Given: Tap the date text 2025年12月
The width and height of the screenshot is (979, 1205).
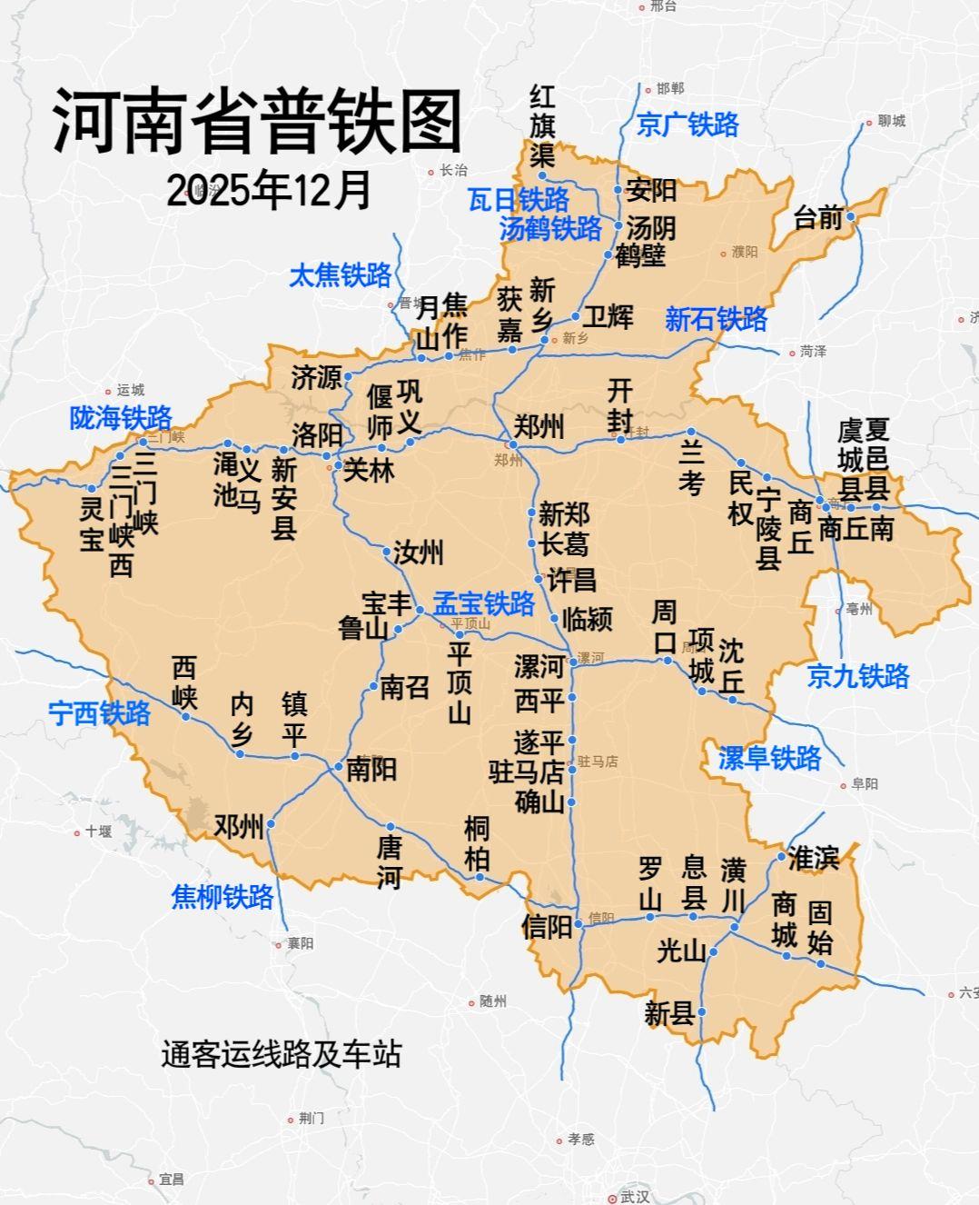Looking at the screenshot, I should click(269, 190).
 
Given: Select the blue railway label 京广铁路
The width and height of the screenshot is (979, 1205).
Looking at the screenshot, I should click(687, 124).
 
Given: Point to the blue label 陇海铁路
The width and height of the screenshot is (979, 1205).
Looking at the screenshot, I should click(121, 418).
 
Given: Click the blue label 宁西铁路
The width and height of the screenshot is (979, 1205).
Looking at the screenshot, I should click(100, 713).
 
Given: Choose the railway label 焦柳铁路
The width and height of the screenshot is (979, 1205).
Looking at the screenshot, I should click(222, 897).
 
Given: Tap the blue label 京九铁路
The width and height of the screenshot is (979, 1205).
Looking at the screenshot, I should click(858, 676).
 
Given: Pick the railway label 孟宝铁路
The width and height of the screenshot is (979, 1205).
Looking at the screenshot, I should click(483, 603).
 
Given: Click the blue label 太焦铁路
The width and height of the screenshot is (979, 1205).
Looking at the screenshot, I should click(340, 275).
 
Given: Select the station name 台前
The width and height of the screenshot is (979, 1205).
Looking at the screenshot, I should click(817, 218).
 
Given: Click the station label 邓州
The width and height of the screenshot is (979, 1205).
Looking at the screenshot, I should click(238, 826).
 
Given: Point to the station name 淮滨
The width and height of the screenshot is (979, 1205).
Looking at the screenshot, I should click(813, 857).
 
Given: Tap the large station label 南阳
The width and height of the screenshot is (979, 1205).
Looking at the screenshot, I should click(371, 770).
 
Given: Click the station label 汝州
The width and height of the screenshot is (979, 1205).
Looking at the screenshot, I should click(418, 552).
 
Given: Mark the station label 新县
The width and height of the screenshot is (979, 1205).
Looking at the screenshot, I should click(669, 1013).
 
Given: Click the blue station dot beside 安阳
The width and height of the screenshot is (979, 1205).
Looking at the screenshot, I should click(618, 190).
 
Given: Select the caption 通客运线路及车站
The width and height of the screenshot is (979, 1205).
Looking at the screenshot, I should click(281, 1053).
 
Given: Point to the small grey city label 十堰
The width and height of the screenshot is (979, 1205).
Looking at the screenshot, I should click(97, 832).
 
